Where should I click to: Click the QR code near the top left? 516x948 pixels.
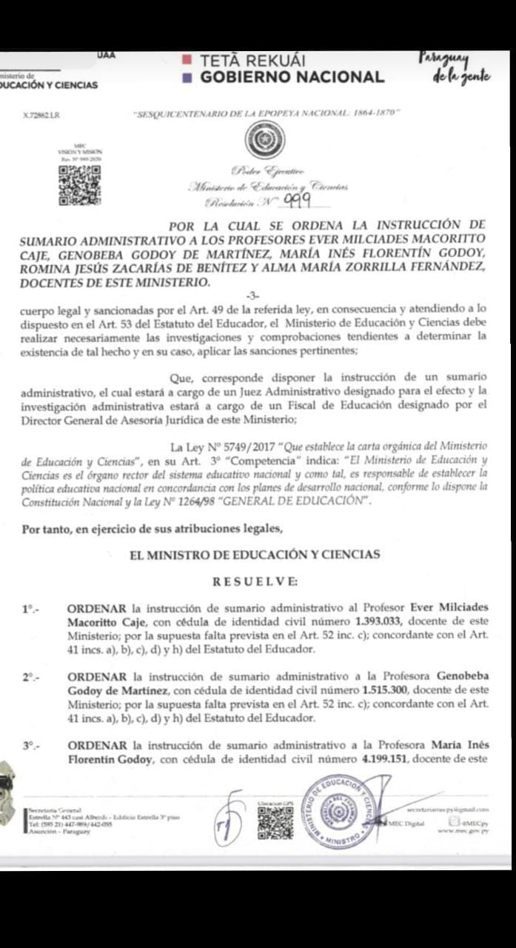tap(79, 185)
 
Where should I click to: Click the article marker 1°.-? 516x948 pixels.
tap(30, 608)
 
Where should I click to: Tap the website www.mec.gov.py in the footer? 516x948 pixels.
tap(463, 831)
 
